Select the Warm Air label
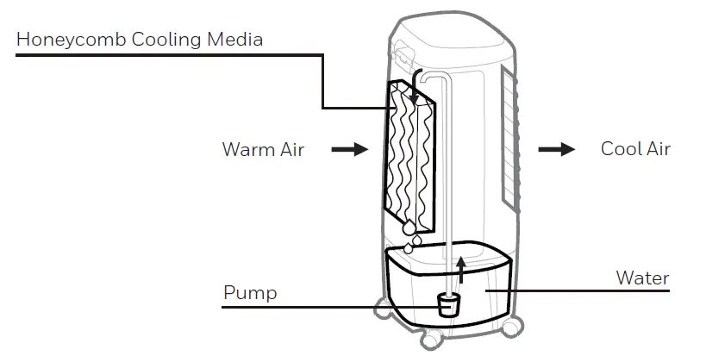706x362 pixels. coord(263,149)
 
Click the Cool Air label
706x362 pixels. coord(635,149)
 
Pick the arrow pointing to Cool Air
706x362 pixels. coord(557,149)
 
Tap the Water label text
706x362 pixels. coord(642,278)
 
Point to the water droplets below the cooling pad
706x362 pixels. coord(410,235)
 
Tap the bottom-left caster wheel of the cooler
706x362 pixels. coord(381,309)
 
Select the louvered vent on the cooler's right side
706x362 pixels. coord(511,138)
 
